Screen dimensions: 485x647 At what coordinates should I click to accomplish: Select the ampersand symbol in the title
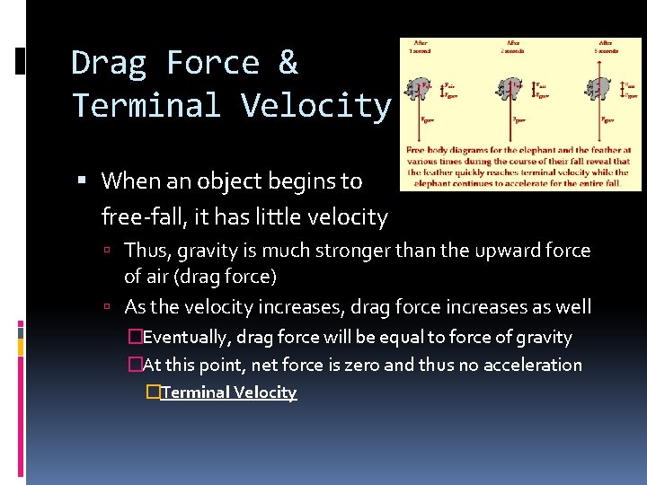[288, 63]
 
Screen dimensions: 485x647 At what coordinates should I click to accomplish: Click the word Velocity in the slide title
[316, 106]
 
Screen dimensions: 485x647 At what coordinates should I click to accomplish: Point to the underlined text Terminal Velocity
[228, 392]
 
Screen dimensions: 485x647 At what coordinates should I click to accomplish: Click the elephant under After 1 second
[419, 89]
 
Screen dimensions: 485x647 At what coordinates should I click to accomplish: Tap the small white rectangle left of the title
[22, 62]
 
